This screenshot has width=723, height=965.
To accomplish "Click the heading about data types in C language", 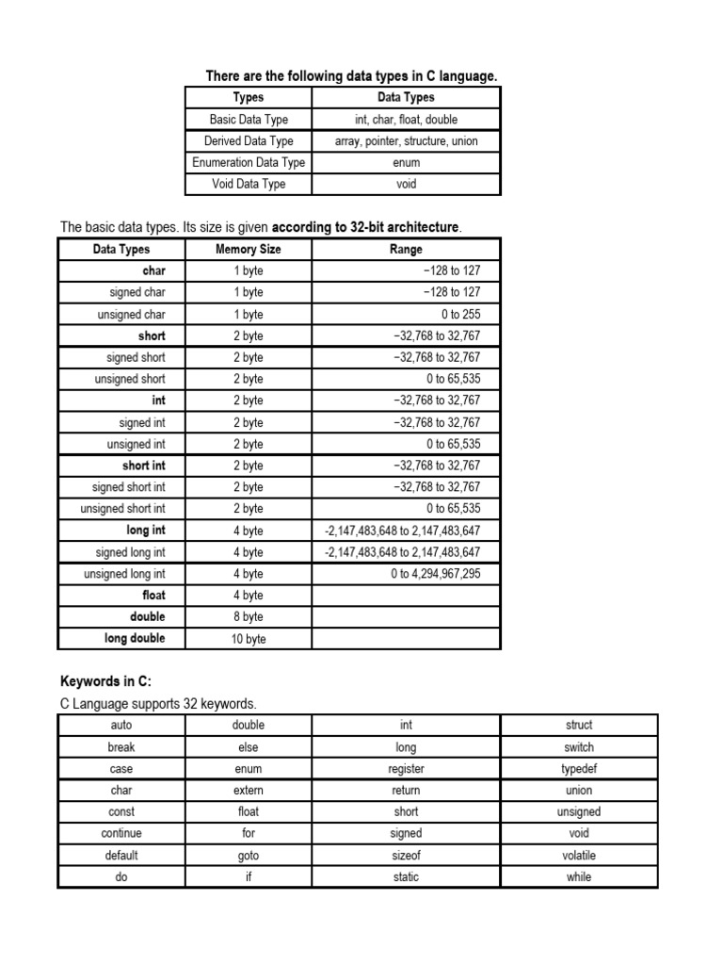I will click(x=351, y=76).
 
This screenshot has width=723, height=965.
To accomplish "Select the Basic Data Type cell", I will click(x=249, y=120).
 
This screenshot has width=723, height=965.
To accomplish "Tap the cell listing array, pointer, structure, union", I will click(x=406, y=141).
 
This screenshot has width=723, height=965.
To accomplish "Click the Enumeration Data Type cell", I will click(x=249, y=163).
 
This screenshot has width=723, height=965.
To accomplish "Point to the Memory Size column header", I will click(x=249, y=250).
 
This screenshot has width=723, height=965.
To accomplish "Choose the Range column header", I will click(x=406, y=250).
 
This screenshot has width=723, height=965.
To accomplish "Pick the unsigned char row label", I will click(x=131, y=315).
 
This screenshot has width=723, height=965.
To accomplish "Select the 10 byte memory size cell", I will click(x=249, y=639).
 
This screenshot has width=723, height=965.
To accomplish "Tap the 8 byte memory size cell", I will click(x=249, y=617).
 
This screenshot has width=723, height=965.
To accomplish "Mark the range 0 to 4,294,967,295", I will click(x=436, y=574).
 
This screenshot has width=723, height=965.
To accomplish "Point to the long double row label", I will click(x=135, y=639).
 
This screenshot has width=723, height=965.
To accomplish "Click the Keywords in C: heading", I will click(x=105, y=681).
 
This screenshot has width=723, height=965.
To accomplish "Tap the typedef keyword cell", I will click(x=579, y=769).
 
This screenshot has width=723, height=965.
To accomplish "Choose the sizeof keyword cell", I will click(x=406, y=856).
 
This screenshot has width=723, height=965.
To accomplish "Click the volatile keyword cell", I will click(x=579, y=856).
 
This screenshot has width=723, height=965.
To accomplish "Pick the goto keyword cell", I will click(x=249, y=856).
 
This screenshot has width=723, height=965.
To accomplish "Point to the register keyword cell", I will click(x=406, y=769).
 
